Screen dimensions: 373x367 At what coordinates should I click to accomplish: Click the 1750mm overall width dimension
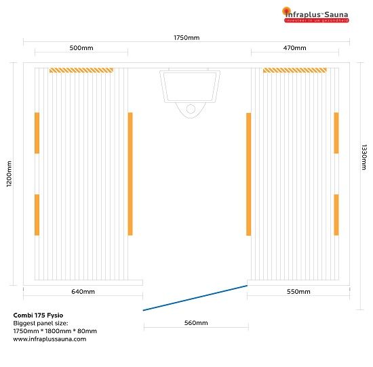(186, 38)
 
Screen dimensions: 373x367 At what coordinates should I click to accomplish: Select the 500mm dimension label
(81, 48)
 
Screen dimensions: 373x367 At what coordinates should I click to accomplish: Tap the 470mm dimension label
(294, 48)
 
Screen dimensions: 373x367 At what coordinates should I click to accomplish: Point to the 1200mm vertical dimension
(9, 173)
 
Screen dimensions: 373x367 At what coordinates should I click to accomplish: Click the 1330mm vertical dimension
(364, 157)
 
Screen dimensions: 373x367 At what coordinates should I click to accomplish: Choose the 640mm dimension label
(83, 292)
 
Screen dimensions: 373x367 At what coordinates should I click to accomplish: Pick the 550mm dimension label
(298, 292)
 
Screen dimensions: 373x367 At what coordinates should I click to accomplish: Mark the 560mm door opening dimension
(196, 323)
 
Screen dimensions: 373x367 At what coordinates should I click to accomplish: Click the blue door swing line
(195, 298)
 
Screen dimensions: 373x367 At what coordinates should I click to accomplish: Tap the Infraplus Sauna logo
(315, 15)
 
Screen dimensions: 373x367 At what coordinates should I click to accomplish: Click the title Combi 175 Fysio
(38, 316)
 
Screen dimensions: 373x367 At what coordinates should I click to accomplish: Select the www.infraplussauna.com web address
(50, 339)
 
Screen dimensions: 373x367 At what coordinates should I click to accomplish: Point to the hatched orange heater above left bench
(81, 70)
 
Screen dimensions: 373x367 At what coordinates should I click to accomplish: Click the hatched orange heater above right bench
(295, 70)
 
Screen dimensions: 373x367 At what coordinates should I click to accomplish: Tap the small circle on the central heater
(191, 109)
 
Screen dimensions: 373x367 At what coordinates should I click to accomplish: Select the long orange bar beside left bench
(130, 174)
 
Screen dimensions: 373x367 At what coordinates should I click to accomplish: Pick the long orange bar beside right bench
(249, 174)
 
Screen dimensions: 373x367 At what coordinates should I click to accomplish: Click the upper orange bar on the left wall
(37, 133)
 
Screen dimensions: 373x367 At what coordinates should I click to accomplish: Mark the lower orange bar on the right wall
(336, 215)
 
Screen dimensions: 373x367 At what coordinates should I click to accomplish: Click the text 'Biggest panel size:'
(41, 323)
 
